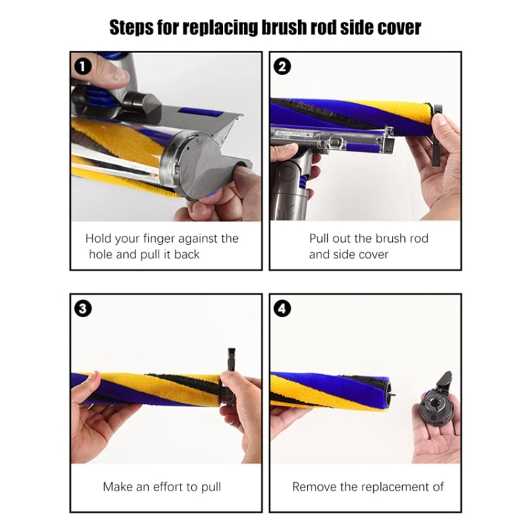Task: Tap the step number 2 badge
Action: pyautogui.click(x=282, y=67)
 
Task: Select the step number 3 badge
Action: pyautogui.click(x=83, y=309)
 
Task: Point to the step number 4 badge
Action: pyautogui.click(x=282, y=309)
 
